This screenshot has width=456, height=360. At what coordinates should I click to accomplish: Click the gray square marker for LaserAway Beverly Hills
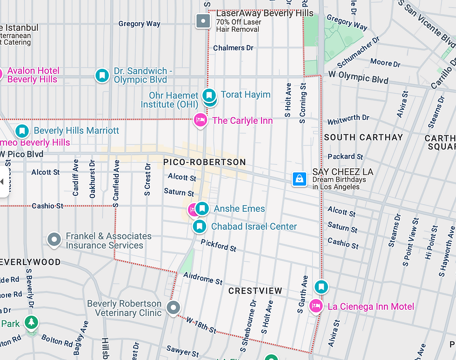pos(203,21)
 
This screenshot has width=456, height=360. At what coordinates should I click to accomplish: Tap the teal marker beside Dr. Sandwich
pos(102,75)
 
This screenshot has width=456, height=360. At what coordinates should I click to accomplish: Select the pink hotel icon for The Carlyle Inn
pos(200,120)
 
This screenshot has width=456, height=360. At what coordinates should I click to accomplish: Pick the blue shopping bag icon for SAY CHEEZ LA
pos(299,179)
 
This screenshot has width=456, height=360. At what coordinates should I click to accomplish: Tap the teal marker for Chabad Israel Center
pos(199,227)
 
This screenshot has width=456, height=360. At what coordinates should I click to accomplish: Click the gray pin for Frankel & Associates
pos(54,240)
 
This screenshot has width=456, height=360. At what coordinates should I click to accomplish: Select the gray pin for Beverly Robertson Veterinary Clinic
pos(173,307)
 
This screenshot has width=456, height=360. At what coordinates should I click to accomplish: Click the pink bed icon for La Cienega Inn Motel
pos(316,306)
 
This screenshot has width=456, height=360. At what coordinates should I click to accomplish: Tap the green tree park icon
pos(32,322)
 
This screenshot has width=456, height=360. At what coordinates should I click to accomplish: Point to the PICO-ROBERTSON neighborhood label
pos(204,162)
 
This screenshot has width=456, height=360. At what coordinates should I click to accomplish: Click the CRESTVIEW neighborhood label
pos(255,291)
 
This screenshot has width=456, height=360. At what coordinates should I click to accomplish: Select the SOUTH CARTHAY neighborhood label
pos(363,137)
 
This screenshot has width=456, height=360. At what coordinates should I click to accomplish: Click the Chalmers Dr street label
pos(233,48)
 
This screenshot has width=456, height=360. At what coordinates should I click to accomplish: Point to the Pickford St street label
pos(219,245)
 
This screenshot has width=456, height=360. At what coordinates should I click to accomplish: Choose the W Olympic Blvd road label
pos(358,77)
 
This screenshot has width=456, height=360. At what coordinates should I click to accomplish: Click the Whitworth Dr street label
pos(348,120)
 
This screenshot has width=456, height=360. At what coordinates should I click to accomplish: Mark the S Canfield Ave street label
pos(116,183)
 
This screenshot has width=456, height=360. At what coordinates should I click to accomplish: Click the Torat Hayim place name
pos(245,94)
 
